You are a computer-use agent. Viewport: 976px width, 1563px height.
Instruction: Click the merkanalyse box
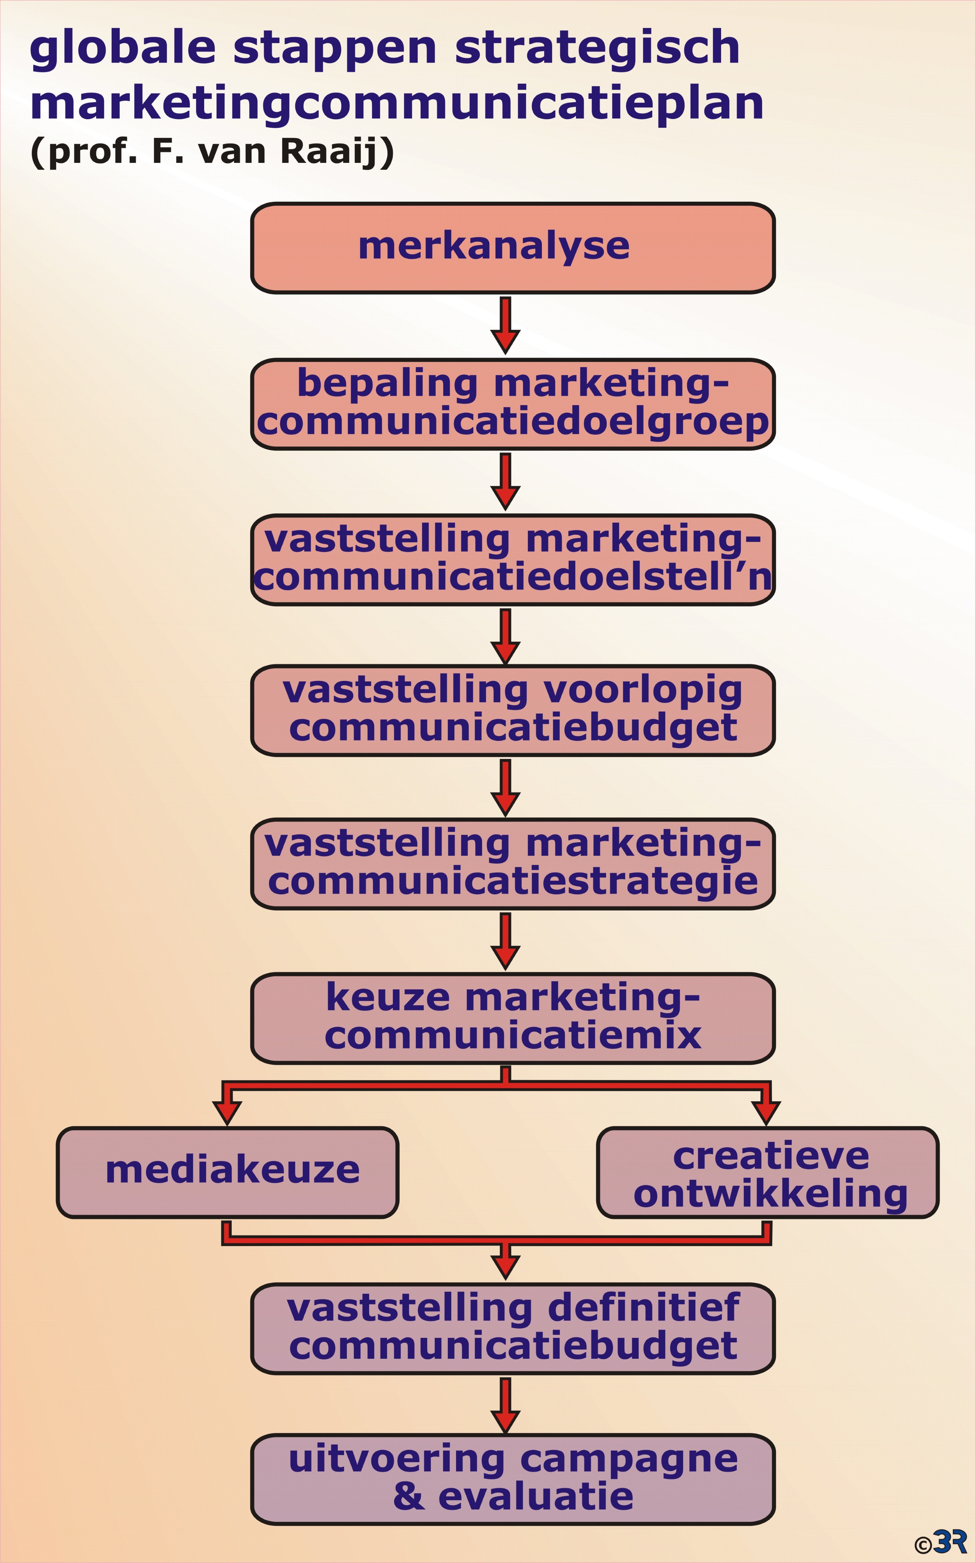(x=513, y=248)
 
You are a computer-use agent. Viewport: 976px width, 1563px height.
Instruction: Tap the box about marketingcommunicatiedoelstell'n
(x=513, y=560)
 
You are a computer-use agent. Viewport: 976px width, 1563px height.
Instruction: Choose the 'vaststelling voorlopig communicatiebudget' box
(x=513, y=710)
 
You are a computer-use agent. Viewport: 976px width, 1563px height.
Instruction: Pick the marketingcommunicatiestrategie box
(x=513, y=864)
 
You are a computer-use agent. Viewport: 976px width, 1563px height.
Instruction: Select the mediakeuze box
(x=227, y=1172)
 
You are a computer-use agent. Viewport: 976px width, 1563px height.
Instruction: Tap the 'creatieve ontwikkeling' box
(x=768, y=1172)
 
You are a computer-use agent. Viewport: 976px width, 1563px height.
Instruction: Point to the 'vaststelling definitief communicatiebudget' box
(x=513, y=1329)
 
